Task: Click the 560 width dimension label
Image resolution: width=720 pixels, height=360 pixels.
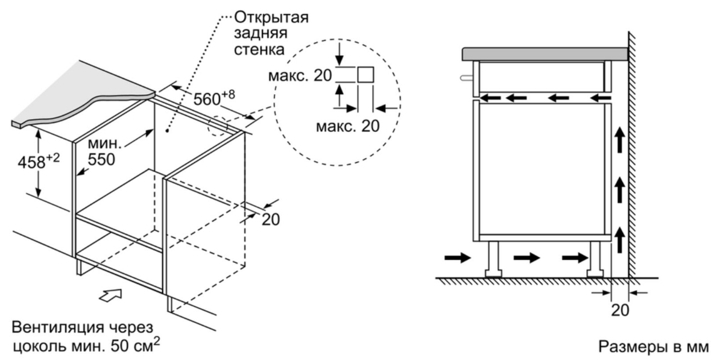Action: coord(213,97)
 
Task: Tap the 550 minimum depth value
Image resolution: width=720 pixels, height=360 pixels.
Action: coord(101,159)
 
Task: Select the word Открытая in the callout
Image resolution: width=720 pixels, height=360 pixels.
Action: coord(271,18)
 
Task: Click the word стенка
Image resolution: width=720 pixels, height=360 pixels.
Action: coord(259,49)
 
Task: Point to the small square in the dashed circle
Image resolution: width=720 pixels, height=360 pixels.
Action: coord(365,74)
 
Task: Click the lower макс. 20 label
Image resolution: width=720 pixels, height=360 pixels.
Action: coord(347,125)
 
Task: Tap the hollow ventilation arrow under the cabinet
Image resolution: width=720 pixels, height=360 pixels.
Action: coord(110,295)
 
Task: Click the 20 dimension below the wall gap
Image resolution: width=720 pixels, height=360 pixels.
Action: coord(620,311)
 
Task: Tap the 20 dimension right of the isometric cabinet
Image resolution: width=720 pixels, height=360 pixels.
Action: coord(271,219)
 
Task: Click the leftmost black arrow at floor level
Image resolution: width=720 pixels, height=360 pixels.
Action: coord(458,258)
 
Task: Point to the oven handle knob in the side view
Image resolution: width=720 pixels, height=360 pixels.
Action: coord(467,78)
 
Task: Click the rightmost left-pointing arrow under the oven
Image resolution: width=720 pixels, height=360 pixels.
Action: coord(600,97)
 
